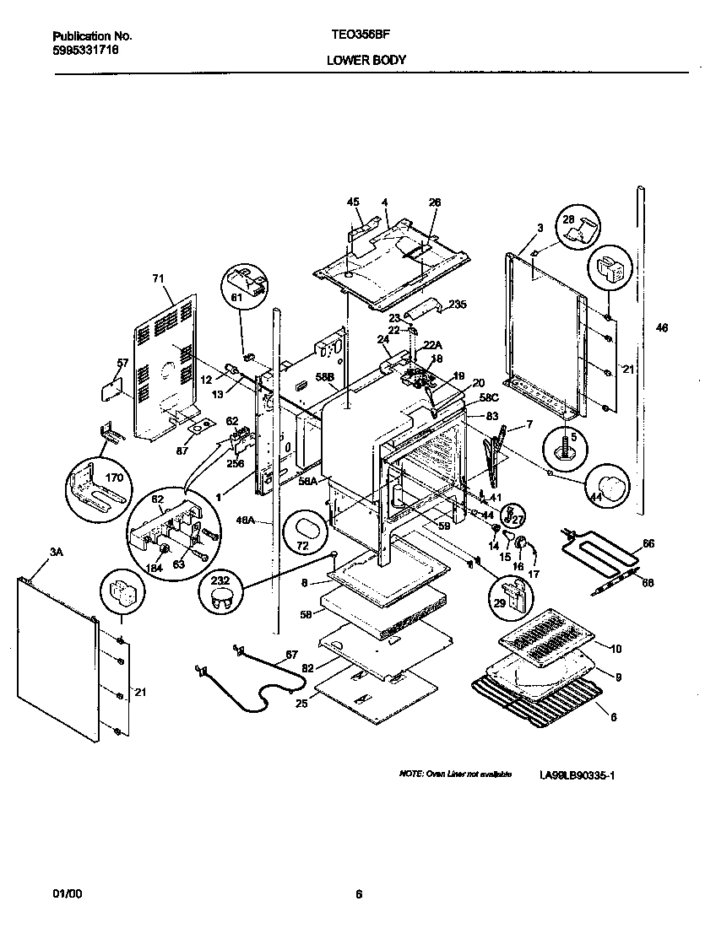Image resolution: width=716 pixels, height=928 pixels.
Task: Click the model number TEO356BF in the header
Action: tap(358, 37)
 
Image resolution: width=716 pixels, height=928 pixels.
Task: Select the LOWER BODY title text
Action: tap(366, 60)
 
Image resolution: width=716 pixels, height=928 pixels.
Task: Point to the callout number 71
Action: tap(156, 278)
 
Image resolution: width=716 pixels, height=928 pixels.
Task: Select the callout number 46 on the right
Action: tap(661, 328)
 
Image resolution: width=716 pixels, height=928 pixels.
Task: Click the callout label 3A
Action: tap(57, 552)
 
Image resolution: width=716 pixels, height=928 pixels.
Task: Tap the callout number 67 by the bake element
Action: tap(290, 655)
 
